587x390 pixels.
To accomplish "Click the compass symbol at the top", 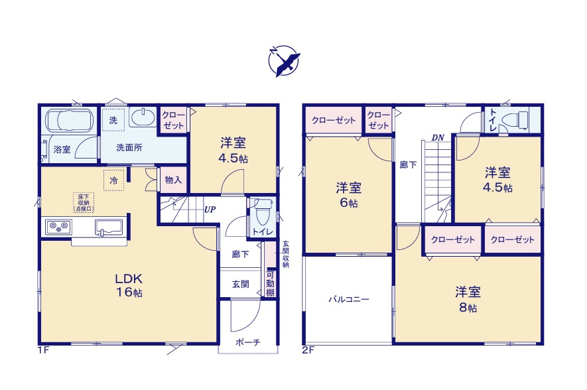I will (284, 61).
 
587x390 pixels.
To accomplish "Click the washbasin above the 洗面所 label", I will (143, 119).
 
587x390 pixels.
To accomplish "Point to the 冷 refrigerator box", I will (113, 180).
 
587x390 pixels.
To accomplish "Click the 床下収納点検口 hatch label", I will (83, 202).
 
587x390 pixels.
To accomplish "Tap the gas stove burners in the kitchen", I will (58, 227).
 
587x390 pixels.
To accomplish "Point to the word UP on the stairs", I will (210, 210).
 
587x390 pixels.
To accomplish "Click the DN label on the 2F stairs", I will (437, 137).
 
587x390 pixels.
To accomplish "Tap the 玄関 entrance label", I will (240, 284).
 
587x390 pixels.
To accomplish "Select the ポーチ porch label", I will (248, 342).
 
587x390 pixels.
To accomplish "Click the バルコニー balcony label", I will (348, 299).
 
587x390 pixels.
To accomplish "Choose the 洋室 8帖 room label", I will (468, 298).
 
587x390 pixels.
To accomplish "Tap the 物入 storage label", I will (174, 180).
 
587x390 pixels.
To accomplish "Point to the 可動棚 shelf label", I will (270, 283).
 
